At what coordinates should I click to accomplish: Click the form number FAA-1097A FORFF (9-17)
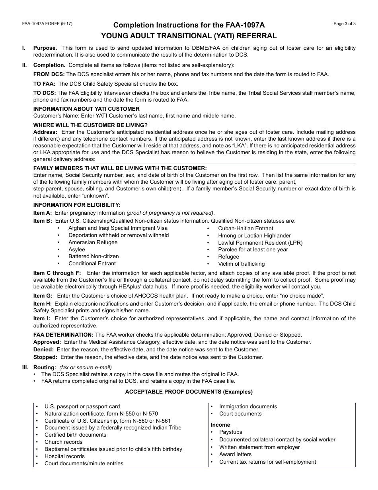coord(47,24)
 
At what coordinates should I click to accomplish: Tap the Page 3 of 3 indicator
coord(344,24)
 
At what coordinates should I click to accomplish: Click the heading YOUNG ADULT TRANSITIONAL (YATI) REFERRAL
coord(189,36)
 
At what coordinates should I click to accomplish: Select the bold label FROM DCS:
coord(49,74)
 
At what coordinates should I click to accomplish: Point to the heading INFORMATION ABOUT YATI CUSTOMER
coord(86,109)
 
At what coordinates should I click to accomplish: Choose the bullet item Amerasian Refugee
coord(93,242)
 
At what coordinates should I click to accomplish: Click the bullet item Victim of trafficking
coord(241,264)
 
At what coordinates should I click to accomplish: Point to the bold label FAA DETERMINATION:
coord(63,335)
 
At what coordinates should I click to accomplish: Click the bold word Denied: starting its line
coord(43,349)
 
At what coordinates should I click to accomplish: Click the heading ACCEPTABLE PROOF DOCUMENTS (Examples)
coord(189,392)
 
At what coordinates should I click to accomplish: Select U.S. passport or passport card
coord(82,406)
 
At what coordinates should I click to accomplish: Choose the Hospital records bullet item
coord(64,456)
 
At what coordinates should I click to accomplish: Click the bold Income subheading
coord(220,425)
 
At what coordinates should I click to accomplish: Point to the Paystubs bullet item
coord(230,432)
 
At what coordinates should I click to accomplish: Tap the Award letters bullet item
coord(235,454)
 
